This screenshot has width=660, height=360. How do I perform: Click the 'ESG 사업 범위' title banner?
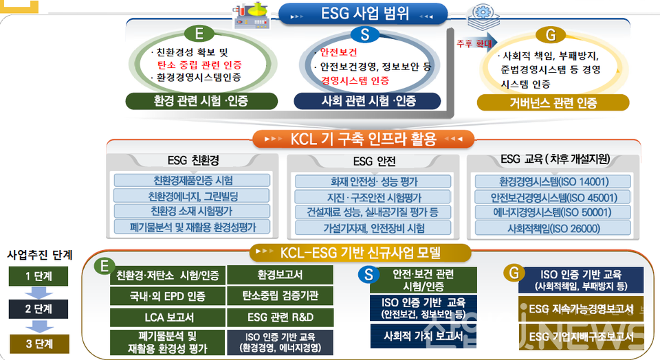(364, 13)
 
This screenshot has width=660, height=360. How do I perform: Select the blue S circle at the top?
(364, 35)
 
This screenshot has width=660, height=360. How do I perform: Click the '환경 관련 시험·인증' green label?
(197, 101)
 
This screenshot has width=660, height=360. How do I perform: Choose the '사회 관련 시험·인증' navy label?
(369, 101)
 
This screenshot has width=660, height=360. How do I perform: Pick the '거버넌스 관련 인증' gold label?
(553, 103)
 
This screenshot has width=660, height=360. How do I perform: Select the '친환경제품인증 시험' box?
(192, 181)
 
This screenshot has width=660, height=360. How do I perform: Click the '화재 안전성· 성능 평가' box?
(374, 181)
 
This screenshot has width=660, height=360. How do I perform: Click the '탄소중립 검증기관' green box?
(280, 296)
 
